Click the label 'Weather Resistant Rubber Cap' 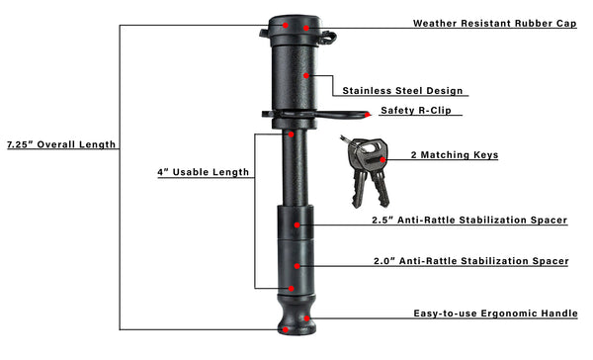point(494,22)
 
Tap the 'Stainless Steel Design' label point(402,91)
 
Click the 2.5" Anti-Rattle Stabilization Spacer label point(469,220)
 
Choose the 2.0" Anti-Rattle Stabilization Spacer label point(469,262)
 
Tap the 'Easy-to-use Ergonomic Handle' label point(495,314)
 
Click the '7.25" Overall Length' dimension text point(60,144)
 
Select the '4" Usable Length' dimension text point(203,172)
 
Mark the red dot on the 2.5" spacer point(304,225)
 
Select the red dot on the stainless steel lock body point(307,74)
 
